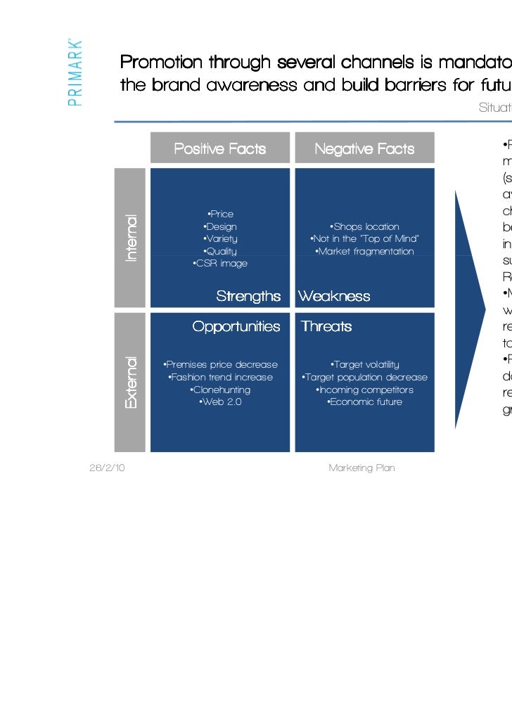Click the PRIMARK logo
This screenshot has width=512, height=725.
[76, 71]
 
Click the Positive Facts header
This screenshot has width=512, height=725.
[219, 149]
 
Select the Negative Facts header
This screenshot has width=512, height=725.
[364, 149]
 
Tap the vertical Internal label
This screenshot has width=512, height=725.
[131, 238]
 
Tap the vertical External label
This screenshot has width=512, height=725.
[131, 383]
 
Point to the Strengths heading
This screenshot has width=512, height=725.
[248, 296]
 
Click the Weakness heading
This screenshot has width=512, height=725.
[334, 296]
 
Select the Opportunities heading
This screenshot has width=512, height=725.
[236, 327]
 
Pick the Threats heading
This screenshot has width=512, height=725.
[326, 327]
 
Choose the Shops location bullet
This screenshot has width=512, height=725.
[364, 227]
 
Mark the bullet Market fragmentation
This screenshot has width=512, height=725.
[364, 252]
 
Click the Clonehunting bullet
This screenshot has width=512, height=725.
[220, 390]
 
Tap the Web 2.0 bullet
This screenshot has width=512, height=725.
[220, 402]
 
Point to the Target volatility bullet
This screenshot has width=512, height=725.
[364, 364]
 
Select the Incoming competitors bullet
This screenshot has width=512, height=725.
[364, 390]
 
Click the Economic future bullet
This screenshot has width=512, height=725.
[364, 402]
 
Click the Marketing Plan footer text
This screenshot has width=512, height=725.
[361, 468]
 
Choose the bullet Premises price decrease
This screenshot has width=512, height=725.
[220, 364]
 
